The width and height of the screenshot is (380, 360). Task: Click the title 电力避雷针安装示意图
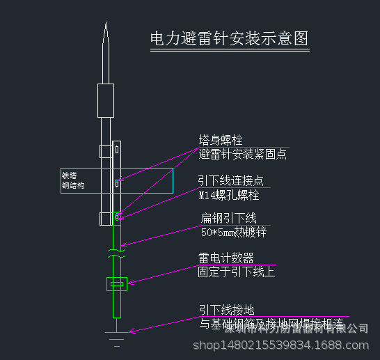point(229,38)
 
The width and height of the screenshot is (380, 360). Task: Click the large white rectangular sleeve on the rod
point(105,100)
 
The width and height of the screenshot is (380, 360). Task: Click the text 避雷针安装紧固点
point(242,154)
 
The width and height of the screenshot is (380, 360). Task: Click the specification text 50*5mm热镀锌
point(233,232)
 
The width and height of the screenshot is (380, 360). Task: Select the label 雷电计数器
point(225,258)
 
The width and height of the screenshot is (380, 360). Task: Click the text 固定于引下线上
point(236,271)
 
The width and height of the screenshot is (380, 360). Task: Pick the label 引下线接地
point(226,310)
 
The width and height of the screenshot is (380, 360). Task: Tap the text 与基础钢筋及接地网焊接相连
point(271,324)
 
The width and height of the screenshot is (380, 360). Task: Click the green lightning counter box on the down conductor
point(116,283)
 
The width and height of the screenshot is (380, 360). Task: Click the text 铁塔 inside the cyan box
point(69,175)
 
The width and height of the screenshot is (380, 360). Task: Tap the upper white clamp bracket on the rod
point(105,150)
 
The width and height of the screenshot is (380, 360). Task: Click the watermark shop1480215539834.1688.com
point(285,345)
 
